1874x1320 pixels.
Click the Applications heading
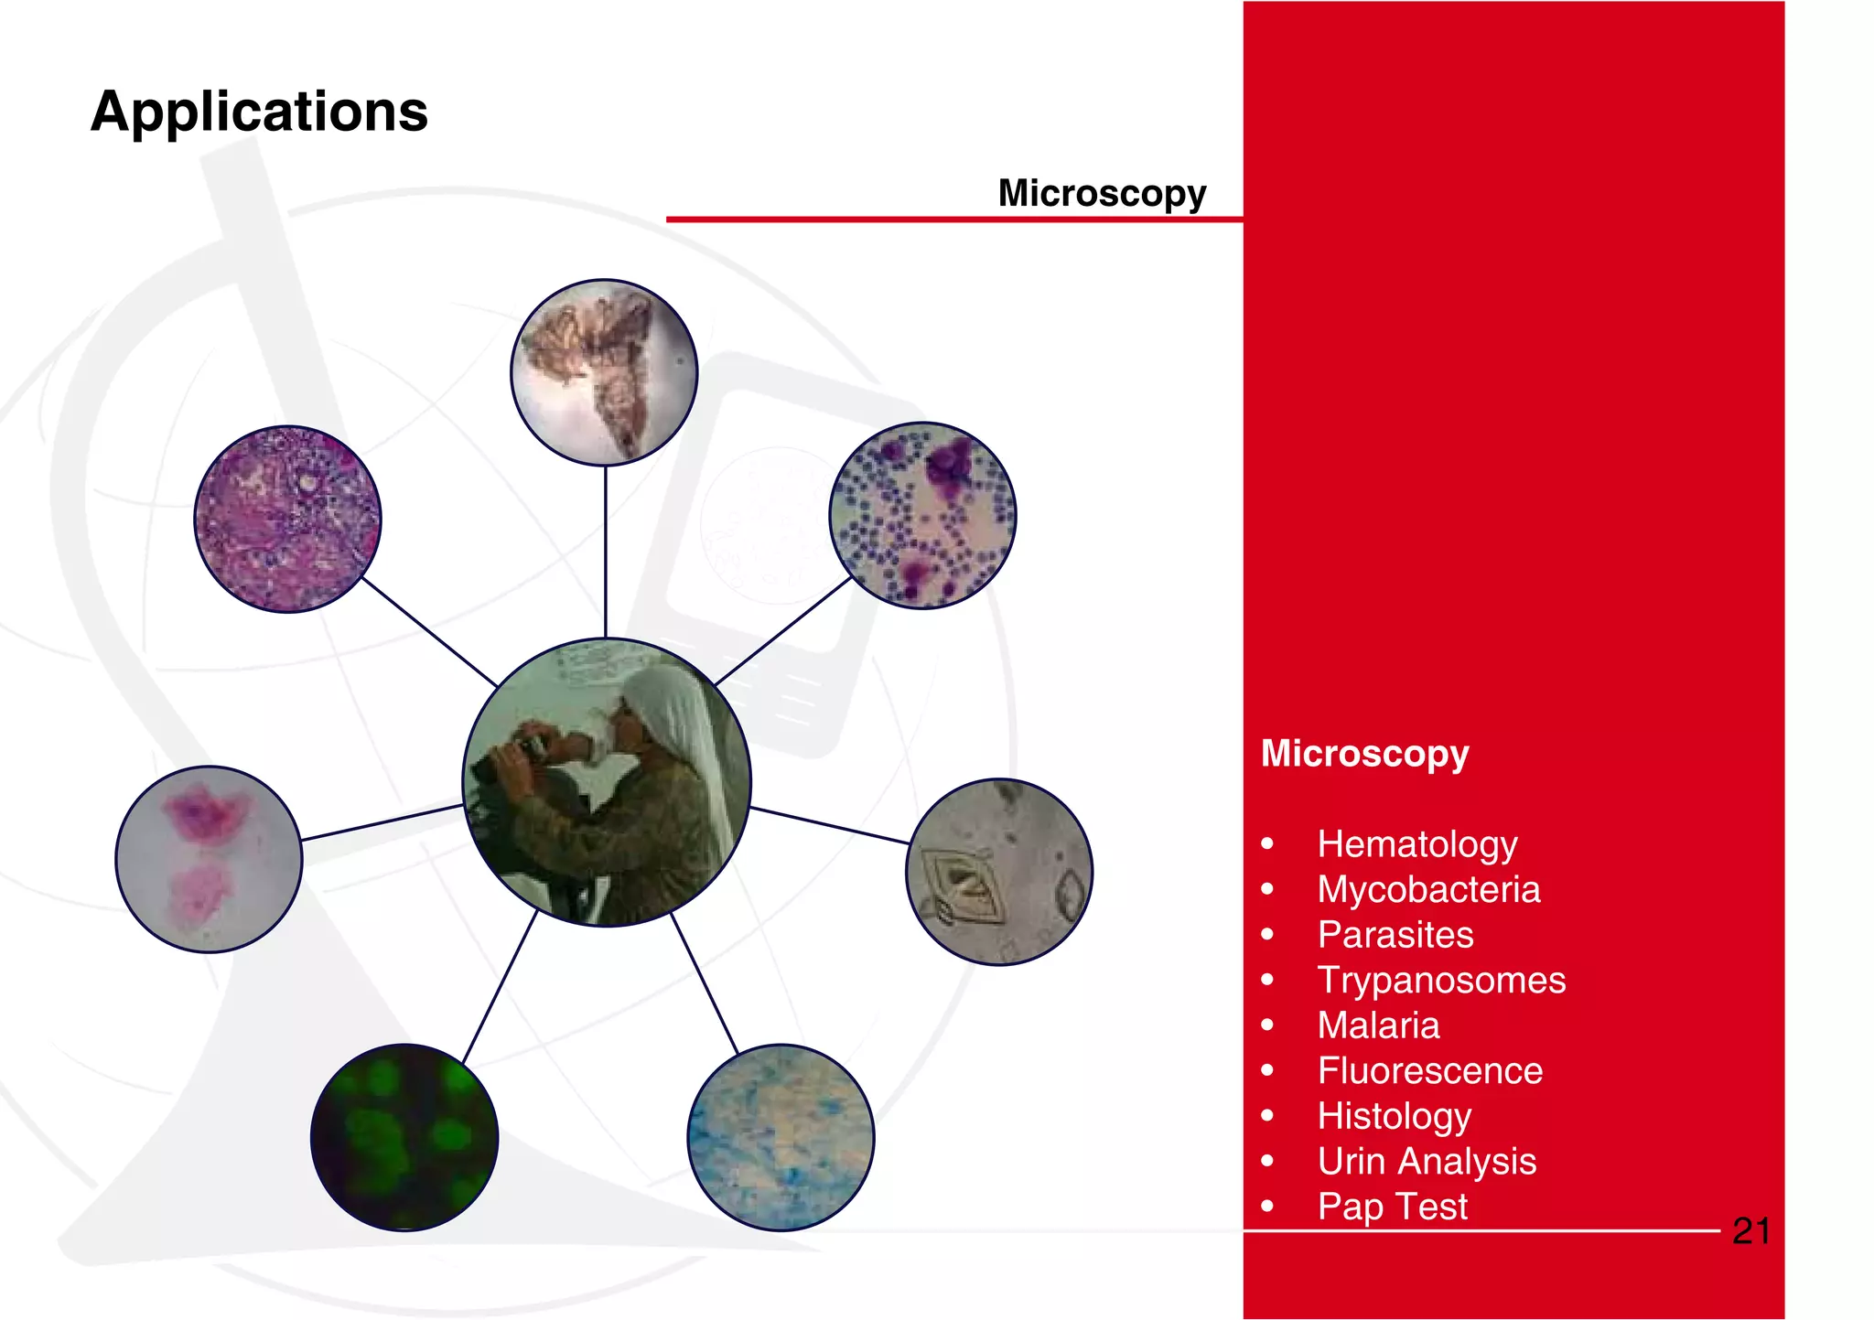coord(259,113)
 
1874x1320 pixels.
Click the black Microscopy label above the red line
coord(1101,193)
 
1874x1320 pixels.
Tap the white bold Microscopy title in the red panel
coord(1363,753)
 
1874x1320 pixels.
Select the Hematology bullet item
coord(1416,843)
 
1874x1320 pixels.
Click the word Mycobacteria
coord(1427,889)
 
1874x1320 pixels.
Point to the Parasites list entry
coord(1395,934)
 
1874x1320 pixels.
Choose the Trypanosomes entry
coord(1440,980)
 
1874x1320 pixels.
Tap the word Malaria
coord(1378,1025)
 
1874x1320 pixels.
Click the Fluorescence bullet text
coord(1429,1070)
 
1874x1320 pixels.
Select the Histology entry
coord(1394,1115)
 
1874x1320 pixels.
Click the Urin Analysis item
coord(1426,1161)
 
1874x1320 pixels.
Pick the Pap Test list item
coord(1392,1206)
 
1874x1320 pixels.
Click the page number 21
coord(1750,1231)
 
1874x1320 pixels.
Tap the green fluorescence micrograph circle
coord(404,1137)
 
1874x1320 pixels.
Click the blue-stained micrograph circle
coord(781,1137)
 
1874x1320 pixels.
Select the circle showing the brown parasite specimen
coord(604,372)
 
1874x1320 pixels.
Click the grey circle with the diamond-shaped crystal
coord(999,871)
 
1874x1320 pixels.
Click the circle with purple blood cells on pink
coord(922,515)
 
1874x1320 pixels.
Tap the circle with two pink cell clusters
coord(209,859)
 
